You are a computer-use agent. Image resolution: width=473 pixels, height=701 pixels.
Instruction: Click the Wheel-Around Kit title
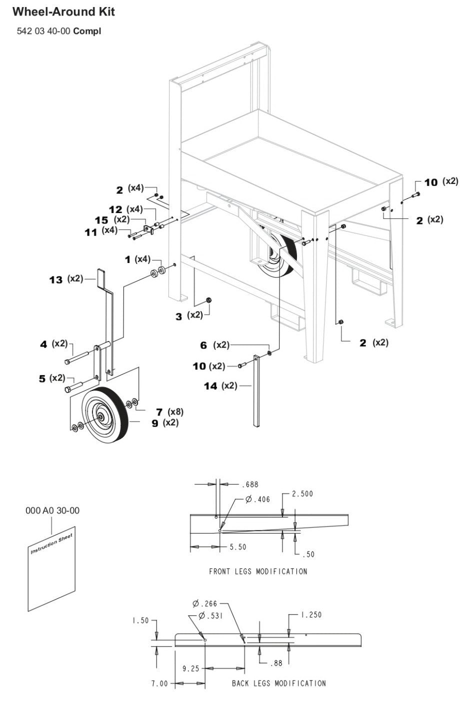pyautogui.click(x=63, y=11)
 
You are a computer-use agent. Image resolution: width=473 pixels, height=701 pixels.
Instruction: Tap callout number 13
pyautogui.click(x=55, y=280)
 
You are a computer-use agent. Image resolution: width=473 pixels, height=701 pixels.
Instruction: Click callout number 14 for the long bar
pyautogui.click(x=210, y=386)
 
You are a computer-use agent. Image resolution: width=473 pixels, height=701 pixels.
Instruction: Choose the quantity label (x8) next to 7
pyautogui.click(x=175, y=412)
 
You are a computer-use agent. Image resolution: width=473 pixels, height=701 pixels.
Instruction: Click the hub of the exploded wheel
pyautogui.click(x=101, y=416)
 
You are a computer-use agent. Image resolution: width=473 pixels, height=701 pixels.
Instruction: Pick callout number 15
pyautogui.click(x=101, y=220)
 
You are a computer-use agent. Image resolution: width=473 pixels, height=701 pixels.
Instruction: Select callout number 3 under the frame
pyautogui.click(x=178, y=317)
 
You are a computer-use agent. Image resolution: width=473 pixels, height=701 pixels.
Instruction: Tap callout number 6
pyautogui.click(x=203, y=345)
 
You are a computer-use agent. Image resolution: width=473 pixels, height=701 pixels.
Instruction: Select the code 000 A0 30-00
pyautogui.click(x=52, y=510)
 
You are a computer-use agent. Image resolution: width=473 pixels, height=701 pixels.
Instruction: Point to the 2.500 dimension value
pyautogui.click(x=302, y=494)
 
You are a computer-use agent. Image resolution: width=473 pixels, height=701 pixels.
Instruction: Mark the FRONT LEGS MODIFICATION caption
pyautogui.click(x=258, y=571)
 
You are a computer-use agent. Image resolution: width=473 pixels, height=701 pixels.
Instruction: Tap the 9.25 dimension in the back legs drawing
pyautogui.click(x=191, y=667)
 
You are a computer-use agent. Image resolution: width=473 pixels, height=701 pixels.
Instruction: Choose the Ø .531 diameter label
pyautogui.click(x=210, y=615)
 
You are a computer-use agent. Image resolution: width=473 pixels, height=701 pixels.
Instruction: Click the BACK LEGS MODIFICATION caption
pyautogui.click(x=278, y=683)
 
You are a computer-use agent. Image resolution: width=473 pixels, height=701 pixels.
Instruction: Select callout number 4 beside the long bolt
pyautogui.click(x=44, y=344)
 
